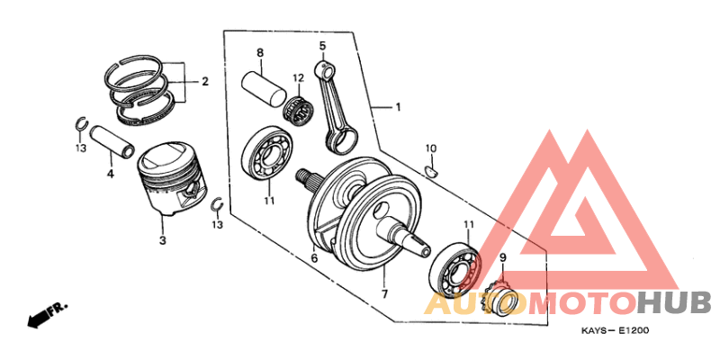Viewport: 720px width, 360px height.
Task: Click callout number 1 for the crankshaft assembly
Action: (397, 107)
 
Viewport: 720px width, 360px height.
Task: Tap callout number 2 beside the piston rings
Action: (204, 82)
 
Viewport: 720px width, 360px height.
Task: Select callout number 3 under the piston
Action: (162, 240)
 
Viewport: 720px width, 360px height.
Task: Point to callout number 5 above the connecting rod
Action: (321, 46)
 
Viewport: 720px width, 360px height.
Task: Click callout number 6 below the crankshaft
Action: (314, 258)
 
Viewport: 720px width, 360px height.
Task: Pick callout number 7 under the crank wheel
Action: (383, 294)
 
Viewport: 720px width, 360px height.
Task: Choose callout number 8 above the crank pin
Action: (259, 52)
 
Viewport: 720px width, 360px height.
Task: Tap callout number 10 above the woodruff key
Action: (430, 148)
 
